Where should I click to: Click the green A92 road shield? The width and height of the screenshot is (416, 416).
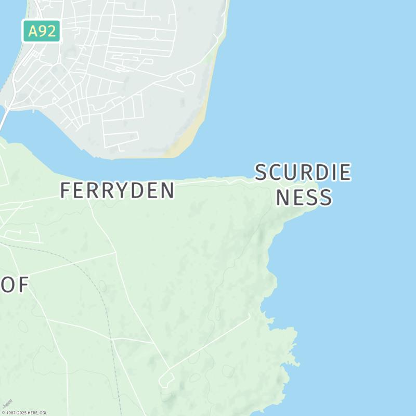pos(42,31)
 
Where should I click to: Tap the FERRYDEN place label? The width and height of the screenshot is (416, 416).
pos(117,190)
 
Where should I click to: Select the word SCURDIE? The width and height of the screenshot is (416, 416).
pos(303,173)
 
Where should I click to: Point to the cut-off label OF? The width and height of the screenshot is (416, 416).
pos(14,285)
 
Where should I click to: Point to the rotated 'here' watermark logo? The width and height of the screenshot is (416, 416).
pos(7,404)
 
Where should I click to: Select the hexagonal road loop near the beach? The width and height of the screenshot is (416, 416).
pos(186,78)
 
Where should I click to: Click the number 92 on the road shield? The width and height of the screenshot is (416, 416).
pos(48,31)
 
